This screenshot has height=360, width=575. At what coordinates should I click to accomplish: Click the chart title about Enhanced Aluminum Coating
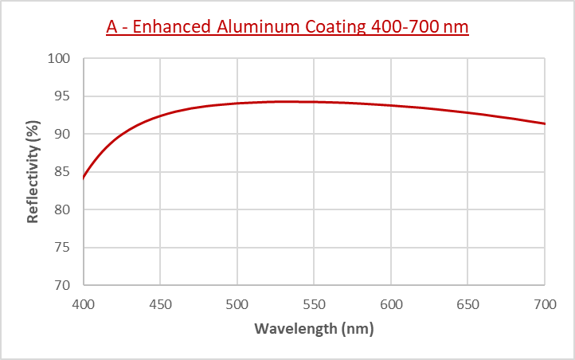287,26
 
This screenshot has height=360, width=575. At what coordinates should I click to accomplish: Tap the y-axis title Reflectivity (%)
33,171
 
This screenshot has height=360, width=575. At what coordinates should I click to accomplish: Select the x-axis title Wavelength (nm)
314,328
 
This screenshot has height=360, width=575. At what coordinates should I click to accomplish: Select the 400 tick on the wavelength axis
84,304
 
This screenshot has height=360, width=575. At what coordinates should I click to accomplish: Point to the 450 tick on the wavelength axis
160,304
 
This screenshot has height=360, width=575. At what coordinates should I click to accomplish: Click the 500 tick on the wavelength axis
237,304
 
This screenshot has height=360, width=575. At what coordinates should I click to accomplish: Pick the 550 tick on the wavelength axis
314,304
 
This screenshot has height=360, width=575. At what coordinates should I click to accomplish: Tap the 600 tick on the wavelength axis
391,304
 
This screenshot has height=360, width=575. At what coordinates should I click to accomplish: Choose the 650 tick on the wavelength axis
467,304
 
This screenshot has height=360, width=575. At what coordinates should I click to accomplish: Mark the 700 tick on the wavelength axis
544,304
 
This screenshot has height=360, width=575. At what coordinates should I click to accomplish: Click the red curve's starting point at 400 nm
84,178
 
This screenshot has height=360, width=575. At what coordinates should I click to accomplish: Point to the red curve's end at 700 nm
545,123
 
